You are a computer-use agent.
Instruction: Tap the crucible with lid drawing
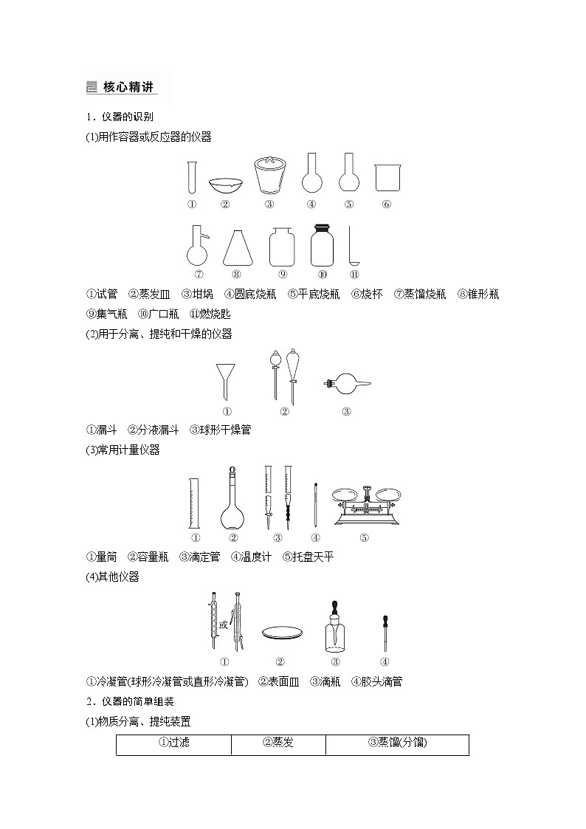(x=269, y=174)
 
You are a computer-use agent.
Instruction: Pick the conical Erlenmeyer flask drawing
(x=237, y=247)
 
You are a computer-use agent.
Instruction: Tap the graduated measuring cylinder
(x=195, y=503)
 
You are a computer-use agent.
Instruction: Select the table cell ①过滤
(x=174, y=743)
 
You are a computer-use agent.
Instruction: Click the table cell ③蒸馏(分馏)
(x=397, y=743)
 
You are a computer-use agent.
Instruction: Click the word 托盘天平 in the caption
(x=313, y=557)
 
